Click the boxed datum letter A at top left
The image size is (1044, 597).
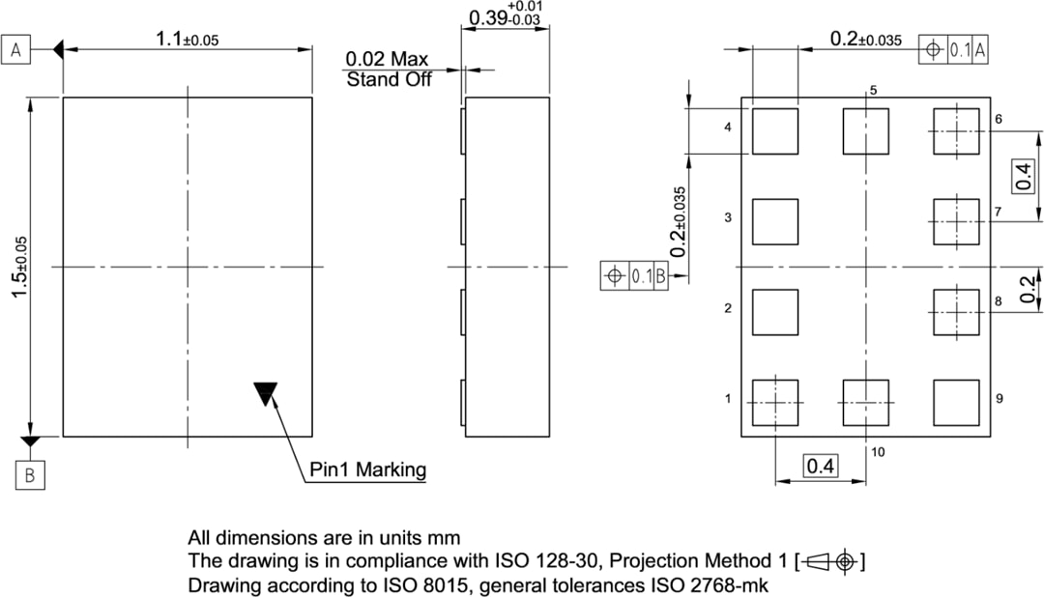(x=16, y=50)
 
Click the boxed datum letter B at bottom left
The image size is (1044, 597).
(x=30, y=475)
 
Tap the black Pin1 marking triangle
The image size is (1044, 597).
(x=266, y=392)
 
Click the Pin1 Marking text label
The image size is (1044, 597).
(x=367, y=470)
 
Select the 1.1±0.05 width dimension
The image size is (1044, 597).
(x=188, y=40)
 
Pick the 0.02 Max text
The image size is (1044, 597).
(x=387, y=60)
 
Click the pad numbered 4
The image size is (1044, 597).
(x=775, y=131)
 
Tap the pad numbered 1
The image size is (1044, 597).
(x=775, y=402)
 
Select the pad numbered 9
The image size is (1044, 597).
(x=955, y=402)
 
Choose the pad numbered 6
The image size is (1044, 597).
(x=955, y=131)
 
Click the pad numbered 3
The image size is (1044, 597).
(x=775, y=221)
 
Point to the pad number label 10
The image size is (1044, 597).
(x=878, y=451)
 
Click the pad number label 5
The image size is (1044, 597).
(x=873, y=90)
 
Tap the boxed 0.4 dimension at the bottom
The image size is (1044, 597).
(x=821, y=467)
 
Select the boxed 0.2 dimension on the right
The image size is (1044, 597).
(x=1027, y=289)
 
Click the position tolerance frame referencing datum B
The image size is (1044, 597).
(x=634, y=276)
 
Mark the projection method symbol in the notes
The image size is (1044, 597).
(x=832, y=560)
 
